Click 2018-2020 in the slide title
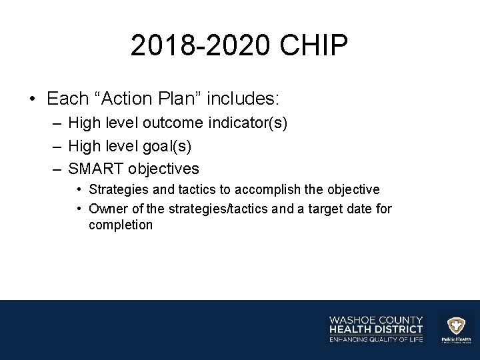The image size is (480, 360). (x=199, y=47)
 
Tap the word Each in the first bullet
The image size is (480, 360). (x=67, y=99)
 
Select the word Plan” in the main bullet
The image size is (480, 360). (x=177, y=99)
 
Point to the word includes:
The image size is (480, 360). (x=243, y=99)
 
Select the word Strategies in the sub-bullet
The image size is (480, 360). (x=116, y=190)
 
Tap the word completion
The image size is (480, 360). (x=121, y=225)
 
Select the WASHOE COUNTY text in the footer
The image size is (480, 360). (x=376, y=320)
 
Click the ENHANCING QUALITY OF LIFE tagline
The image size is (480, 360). (x=376, y=340)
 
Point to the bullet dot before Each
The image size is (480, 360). (x=32, y=100)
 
